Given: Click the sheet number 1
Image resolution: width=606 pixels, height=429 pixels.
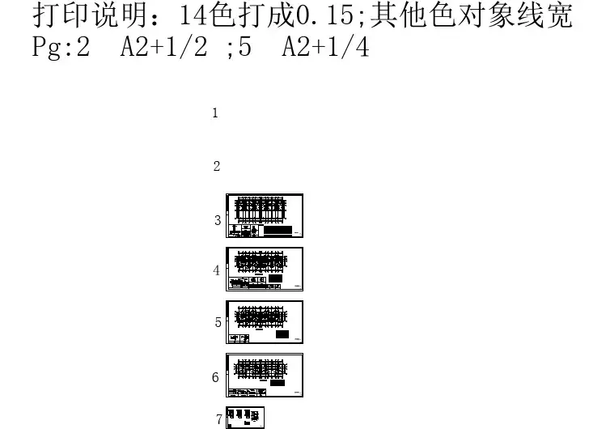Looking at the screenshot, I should [215, 113].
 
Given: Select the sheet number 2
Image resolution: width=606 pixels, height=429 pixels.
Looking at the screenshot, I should [216, 167].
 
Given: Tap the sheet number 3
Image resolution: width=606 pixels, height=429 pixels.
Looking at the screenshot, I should [218, 220].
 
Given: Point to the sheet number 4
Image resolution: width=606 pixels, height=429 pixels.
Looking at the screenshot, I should [216, 270].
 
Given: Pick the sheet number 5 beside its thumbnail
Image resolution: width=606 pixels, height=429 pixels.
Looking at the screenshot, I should [218, 322].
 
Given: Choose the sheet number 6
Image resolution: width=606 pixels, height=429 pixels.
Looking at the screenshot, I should [215, 377].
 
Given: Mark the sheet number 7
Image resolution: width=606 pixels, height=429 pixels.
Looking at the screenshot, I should [219, 419].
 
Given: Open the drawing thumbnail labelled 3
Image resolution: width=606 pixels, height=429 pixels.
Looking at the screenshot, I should [265, 216].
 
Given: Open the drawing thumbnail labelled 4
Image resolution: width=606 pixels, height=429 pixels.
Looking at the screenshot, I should [265, 269].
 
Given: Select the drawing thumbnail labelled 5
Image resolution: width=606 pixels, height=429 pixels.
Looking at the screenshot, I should [265, 322].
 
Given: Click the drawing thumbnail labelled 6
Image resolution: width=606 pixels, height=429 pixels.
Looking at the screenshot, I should [265, 376].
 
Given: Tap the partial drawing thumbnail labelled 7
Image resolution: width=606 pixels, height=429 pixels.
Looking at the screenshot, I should [246, 418].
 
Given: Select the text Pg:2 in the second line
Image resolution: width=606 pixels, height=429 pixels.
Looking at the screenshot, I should [61, 49].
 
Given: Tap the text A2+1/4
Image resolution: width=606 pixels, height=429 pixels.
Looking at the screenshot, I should [325, 49].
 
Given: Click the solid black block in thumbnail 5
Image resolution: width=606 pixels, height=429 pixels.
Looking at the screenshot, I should [282, 334].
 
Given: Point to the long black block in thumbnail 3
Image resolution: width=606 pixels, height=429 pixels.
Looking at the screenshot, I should [278, 231].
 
